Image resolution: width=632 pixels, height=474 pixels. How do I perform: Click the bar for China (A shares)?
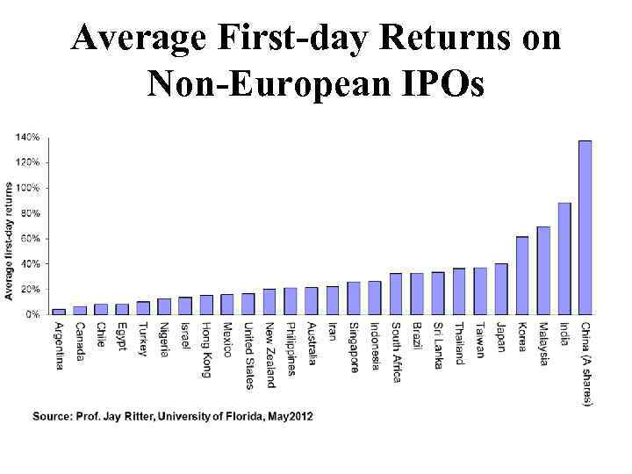[585, 226]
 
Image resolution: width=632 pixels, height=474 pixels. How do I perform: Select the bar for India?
[564, 258]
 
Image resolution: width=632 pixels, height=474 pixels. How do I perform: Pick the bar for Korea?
[522, 275]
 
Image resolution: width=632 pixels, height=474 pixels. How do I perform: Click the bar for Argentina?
[59, 311]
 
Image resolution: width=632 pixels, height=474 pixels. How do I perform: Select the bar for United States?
[248, 303]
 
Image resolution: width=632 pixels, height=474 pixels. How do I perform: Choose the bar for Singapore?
[354, 298]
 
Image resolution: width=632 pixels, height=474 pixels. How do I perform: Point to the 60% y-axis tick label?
[30, 238]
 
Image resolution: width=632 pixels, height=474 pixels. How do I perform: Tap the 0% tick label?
[32, 313]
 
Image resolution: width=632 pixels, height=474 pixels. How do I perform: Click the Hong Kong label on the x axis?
[206, 349]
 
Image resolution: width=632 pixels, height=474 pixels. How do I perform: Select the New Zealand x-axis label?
[269, 354]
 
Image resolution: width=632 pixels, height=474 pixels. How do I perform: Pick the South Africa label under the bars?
[396, 352]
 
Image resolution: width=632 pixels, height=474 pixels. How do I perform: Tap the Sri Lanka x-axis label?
[438, 346]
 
